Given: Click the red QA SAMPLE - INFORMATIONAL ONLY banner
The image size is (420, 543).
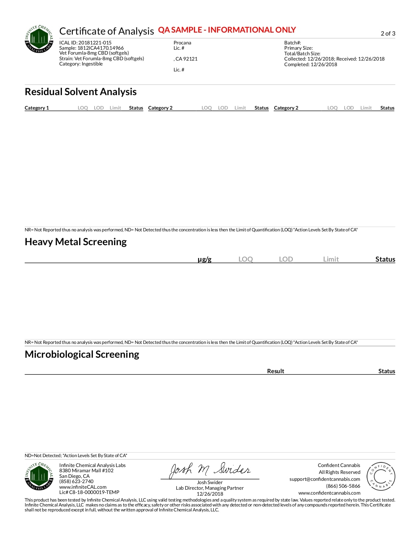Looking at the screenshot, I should click(227, 30).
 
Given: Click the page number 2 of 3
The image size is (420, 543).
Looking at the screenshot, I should click(388, 34).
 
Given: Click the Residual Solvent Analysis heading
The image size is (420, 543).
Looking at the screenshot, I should click(81, 92).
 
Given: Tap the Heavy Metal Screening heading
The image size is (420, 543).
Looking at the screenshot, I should click(76, 242).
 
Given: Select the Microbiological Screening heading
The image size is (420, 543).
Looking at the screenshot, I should click(82, 354).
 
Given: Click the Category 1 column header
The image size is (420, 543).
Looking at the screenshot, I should click(37, 108).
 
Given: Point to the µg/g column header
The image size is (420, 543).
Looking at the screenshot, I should click(204, 259).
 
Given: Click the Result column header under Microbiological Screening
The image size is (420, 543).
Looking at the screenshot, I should click(275, 371).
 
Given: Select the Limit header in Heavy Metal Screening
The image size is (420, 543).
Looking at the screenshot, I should click(331, 259).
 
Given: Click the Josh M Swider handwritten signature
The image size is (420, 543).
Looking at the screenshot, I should click(210, 470).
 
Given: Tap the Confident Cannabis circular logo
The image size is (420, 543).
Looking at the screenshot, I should click(381, 476).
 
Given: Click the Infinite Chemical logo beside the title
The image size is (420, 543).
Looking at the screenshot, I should click(39, 39).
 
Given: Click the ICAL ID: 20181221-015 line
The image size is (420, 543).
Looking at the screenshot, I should click(85, 43).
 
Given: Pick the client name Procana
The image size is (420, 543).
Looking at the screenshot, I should click(182, 43).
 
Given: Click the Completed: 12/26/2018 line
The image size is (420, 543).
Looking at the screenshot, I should click(311, 65).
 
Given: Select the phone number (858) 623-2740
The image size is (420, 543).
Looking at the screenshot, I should click(76, 481).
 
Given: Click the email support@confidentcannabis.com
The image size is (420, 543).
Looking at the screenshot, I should click(324, 479).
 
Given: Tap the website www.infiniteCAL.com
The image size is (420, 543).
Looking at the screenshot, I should click(83, 487).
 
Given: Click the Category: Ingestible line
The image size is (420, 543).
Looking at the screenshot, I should click(81, 64).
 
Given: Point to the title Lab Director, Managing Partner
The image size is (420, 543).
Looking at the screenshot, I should click(210, 488).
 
